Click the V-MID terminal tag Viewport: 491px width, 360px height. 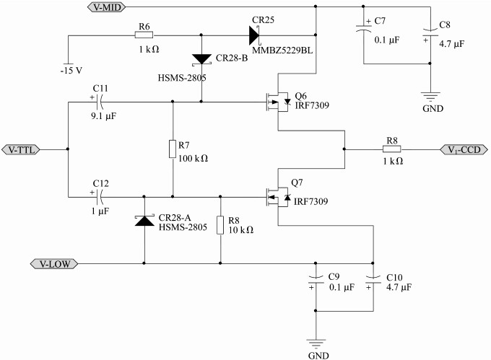[x=106, y=7]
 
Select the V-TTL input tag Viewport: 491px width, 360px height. [x=21, y=150]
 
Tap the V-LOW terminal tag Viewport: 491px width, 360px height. [x=54, y=263]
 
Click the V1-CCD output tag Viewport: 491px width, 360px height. [x=464, y=150]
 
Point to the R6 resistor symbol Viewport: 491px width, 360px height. [x=144, y=35]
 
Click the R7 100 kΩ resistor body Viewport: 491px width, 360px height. [x=173, y=149]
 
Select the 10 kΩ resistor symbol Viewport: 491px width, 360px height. [x=220, y=225]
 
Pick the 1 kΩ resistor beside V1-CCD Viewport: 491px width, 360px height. [x=392, y=149]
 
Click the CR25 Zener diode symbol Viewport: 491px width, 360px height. [x=254, y=35]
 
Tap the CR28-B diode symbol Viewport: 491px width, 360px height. [x=201, y=59]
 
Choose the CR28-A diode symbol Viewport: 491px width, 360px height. [x=144, y=220]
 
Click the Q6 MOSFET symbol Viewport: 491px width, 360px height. [x=278, y=102]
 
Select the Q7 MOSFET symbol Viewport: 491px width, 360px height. [x=278, y=197]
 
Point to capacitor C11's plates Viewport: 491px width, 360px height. [x=100, y=102]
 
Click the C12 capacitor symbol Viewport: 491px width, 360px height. [x=100, y=197]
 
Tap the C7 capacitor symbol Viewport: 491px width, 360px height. [x=363, y=28]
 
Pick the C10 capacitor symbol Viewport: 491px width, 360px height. [x=373, y=280]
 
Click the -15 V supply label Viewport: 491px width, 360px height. [x=71, y=71]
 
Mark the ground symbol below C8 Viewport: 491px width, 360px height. [x=430, y=97]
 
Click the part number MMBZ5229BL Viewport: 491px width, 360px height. [x=282, y=51]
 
